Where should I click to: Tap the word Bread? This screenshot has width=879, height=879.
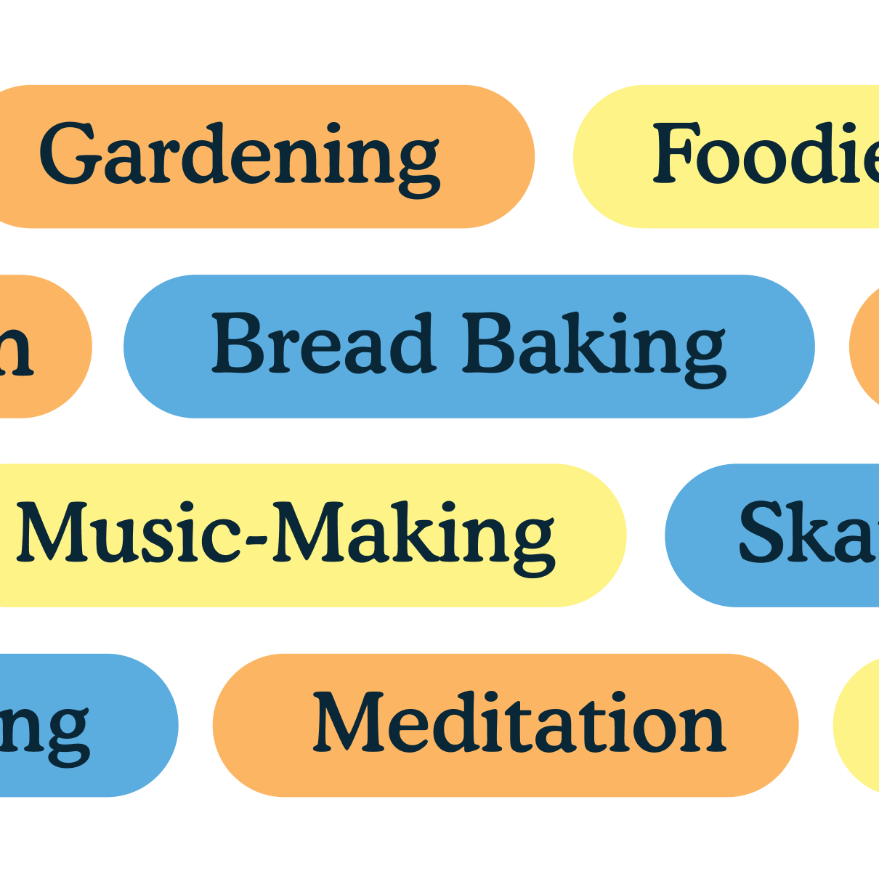click(x=323, y=343)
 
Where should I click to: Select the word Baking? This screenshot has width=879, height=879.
click(x=594, y=345)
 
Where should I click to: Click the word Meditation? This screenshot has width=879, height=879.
click(x=519, y=723)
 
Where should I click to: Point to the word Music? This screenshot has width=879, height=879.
click(x=128, y=532)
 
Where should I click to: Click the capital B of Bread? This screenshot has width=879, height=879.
click(x=237, y=343)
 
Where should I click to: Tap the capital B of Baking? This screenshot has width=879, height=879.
click(x=490, y=343)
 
